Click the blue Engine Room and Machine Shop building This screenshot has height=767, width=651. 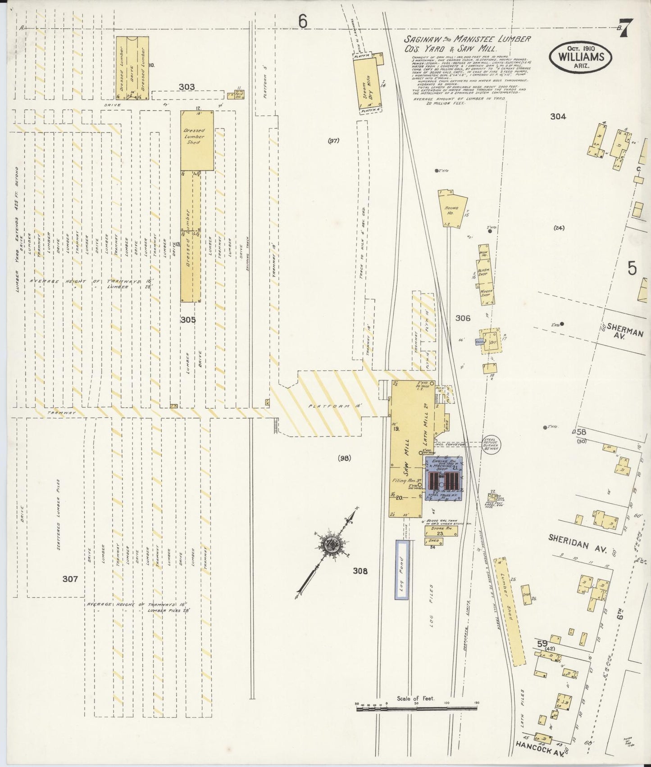coord(442,478)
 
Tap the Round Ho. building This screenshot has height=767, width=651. coord(453,209)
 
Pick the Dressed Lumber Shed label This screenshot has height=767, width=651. coord(194,136)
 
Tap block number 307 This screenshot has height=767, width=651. coord(70,579)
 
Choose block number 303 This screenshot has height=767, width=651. coord(187,87)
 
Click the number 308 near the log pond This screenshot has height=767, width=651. coord(360,571)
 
